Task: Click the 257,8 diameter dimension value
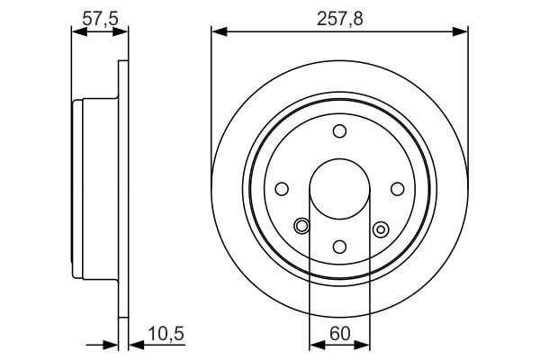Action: coord(340,19)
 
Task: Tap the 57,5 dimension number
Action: coord(100,19)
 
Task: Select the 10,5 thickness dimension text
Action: coord(166,334)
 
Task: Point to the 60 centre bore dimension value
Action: coord(339,334)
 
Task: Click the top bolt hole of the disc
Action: coord(339,131)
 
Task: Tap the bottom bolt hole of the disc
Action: coord(339,247)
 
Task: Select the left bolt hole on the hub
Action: coord(282,189)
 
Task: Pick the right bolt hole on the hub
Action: coord(398,189)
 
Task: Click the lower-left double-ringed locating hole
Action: coord(301,226)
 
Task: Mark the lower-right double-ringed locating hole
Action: coord(381,229)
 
